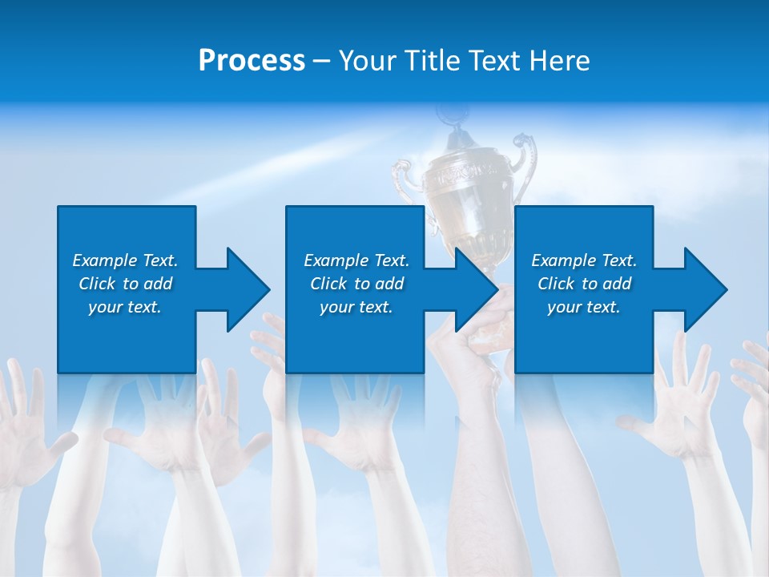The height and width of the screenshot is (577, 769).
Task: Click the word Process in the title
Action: pos(252,61)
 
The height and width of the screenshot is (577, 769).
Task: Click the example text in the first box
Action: pos(125,284)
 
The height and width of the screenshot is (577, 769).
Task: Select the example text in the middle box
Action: pos(356,284)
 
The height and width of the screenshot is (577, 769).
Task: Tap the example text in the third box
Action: pos(584,284)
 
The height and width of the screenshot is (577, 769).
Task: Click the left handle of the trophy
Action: pos(405,180)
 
